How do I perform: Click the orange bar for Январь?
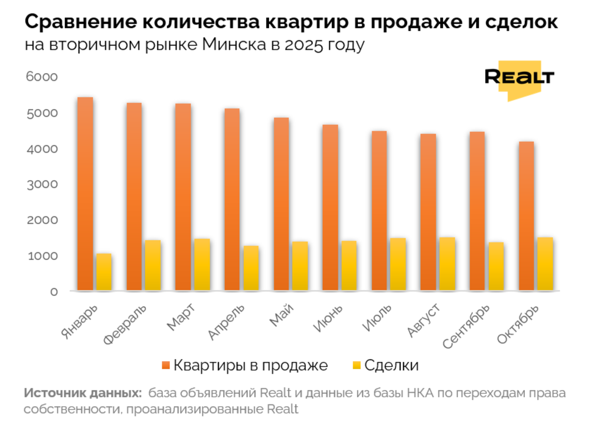(85, 194)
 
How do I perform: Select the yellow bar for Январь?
(104, 272)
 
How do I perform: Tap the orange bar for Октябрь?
(526, 216)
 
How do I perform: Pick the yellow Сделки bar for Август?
(447, 264)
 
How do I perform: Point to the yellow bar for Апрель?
(251, 268)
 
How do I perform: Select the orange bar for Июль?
(379, 210)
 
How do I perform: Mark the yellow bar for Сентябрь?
(496, 266)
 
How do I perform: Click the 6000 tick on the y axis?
(42, 77)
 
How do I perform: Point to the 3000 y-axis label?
(42, 184)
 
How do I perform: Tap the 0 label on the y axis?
(54, 292)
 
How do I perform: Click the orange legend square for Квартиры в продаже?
(166, 365)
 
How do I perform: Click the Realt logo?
(519, 79)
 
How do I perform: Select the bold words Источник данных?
(82, 393)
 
